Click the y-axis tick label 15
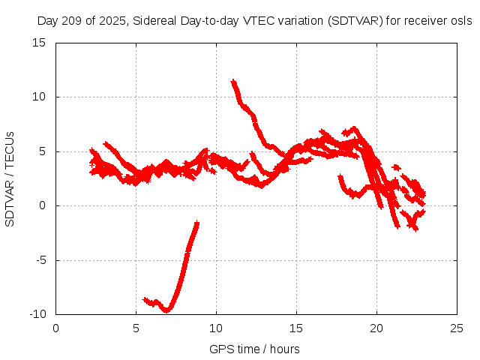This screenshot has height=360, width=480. click(x=40, y=43)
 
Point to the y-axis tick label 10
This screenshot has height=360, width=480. click(x=40, y=97)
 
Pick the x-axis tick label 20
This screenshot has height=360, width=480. click(x=377, y=328)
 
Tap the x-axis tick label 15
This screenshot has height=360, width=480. click(x=297, y=328)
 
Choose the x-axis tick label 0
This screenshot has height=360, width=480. click(x=56, y=328)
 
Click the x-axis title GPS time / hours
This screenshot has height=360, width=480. click(x=254, y=349)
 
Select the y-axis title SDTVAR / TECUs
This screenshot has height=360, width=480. click(x=10, y=178)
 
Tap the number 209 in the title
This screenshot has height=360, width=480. click(x=71, y=21)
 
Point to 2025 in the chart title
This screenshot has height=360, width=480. click(x=112, y=21)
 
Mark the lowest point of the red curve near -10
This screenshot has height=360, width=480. click(x=167, y=309)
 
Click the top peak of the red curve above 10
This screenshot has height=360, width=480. click(x=233, y=81)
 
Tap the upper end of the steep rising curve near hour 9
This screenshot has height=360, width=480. click(x=196, y=223)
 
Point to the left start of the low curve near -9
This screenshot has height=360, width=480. click(x=145, y=299)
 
